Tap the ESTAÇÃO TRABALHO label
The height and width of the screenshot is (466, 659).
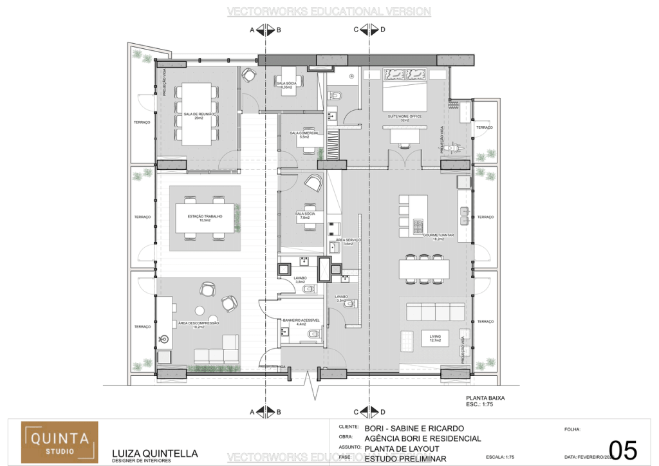click(205, 217)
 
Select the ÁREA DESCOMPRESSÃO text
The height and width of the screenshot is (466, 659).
click(199, 323)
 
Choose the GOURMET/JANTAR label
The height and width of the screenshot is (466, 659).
click(438, 236)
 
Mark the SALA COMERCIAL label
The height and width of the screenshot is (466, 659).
click(304, 134)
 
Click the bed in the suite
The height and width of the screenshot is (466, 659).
click(405, 90)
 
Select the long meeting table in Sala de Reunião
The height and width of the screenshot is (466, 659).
click(197, 115)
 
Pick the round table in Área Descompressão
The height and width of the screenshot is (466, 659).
click(208, 290)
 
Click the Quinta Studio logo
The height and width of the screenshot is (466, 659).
click(59, 442)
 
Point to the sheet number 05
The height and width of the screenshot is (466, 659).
click(622, 451)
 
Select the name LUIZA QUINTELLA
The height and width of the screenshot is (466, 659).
click(145, 452)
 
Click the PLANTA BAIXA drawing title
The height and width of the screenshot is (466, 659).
click(485, 398)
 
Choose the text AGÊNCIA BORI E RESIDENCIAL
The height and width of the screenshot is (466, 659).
click(422, 438)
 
